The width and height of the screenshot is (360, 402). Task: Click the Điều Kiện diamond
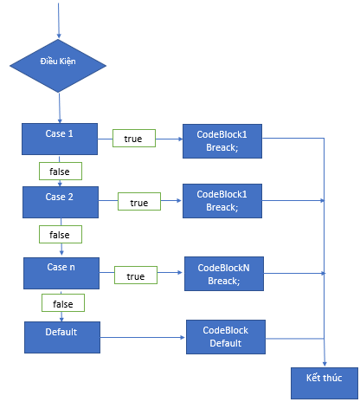pyautogui.click(x=58, y=66)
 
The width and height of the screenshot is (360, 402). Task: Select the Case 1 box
pyautogui.click(x=60, y=139)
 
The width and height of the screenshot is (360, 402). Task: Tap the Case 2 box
pyautogui.click(x=61, y=202)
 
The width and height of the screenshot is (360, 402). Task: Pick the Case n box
pyautogui.click(x=61, y=273)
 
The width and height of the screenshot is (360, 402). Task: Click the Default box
pyautogui.click(x=62, y=337)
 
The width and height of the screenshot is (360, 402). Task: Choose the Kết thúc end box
pyautogui.click(x=325, y=383)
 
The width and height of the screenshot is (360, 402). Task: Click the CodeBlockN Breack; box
pyautogui.click(x=224, y=274)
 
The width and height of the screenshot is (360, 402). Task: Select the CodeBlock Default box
pyautogui.click(x=226, y=337)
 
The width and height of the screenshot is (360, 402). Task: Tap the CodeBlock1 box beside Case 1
pyautogui.click(x=222, y=141)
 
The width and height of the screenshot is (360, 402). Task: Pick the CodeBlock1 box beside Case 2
pyautogui.click(x=222, y=201)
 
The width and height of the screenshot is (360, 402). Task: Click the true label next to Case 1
pyautogui.click(x=134, y=139)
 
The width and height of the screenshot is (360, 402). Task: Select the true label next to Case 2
pyautogui.click(x=139, y=202)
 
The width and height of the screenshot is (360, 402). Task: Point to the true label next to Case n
pyautogui.click(x=136, y=276)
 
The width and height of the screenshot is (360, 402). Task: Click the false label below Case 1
pyautogui.click(x=61, y=172)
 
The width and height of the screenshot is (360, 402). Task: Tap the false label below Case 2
pyautogui.click(x=61, y=235)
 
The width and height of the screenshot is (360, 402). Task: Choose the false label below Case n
pyautogui.click(x=63, y=303)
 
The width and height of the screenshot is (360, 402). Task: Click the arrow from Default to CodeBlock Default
pyautogui.click(x=143, y=337)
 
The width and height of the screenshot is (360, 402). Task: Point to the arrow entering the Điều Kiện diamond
pyautogui.click(x=59, y=21)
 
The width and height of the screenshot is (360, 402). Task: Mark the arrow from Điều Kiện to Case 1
pyautogui.click(x=60, y=108)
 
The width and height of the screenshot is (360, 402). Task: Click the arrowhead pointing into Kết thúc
pyautogui.click(x=325, y=364)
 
